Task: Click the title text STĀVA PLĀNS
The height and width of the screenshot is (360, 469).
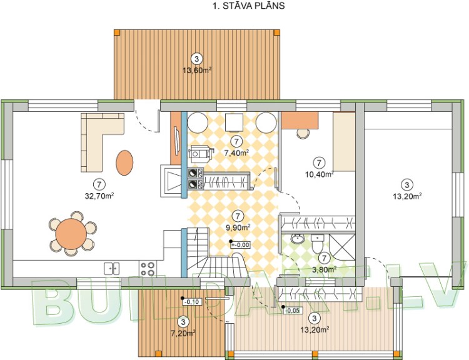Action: pos(250,7)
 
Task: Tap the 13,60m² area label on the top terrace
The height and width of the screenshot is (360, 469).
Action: pos(196,70)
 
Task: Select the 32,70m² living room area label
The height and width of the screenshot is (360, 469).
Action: pos(98,195)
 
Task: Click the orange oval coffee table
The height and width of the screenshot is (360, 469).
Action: pos(124,162)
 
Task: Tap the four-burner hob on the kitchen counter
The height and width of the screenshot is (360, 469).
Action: pos(148,269)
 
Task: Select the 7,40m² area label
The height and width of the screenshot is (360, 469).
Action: pos(236,152)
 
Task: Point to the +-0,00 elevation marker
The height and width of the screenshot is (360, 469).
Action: pos(240,245)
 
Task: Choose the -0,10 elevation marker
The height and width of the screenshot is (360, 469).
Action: pos(192,301)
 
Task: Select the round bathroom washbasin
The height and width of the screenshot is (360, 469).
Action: pos(298,238)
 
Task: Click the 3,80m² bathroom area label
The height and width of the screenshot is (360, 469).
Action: pos(324,269)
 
